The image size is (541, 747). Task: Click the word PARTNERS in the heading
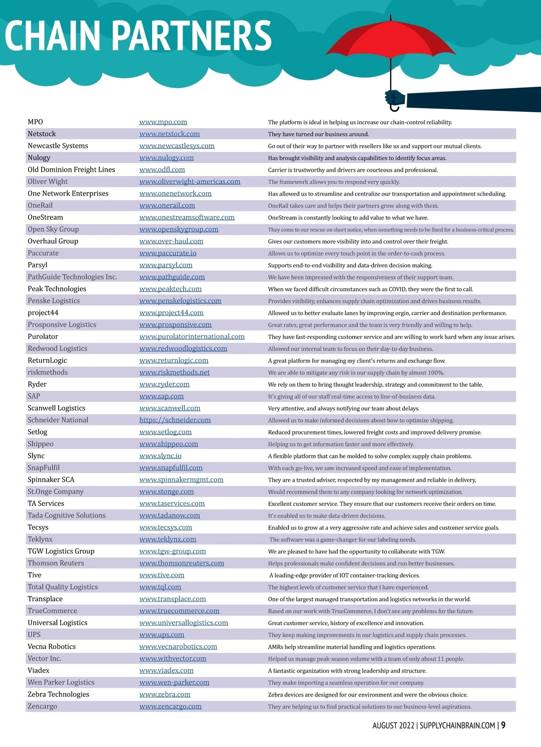click(x=192, y=36)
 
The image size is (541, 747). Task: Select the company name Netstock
click(x=42, y=134)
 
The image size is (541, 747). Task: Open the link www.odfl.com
click(x=162, y=170)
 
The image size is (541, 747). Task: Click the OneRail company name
click(x=40, y=206)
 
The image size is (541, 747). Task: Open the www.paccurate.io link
click(x=168, y=253)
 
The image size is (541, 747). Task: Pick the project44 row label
click(x=43, y=313)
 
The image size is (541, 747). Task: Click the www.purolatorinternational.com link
click(x=192, y=337)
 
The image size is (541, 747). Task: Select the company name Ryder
click(x=37, y=385)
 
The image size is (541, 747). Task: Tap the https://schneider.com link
click(x=175, y=420)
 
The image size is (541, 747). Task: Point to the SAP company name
click(x=34, y=396)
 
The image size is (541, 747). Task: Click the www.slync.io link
click(x=160, y=456)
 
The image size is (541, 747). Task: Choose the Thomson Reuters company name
click(x=56, y=563)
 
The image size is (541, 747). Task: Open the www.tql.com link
click(x=160, y=587)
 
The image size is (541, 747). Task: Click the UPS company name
click(x=34, y=635)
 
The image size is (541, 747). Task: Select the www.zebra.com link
click(x=165, y=694)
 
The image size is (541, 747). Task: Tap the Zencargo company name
click(x=42, y=706)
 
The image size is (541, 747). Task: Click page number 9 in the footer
click(x=503, y=725)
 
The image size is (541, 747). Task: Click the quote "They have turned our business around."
click(x=318, y=134)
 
